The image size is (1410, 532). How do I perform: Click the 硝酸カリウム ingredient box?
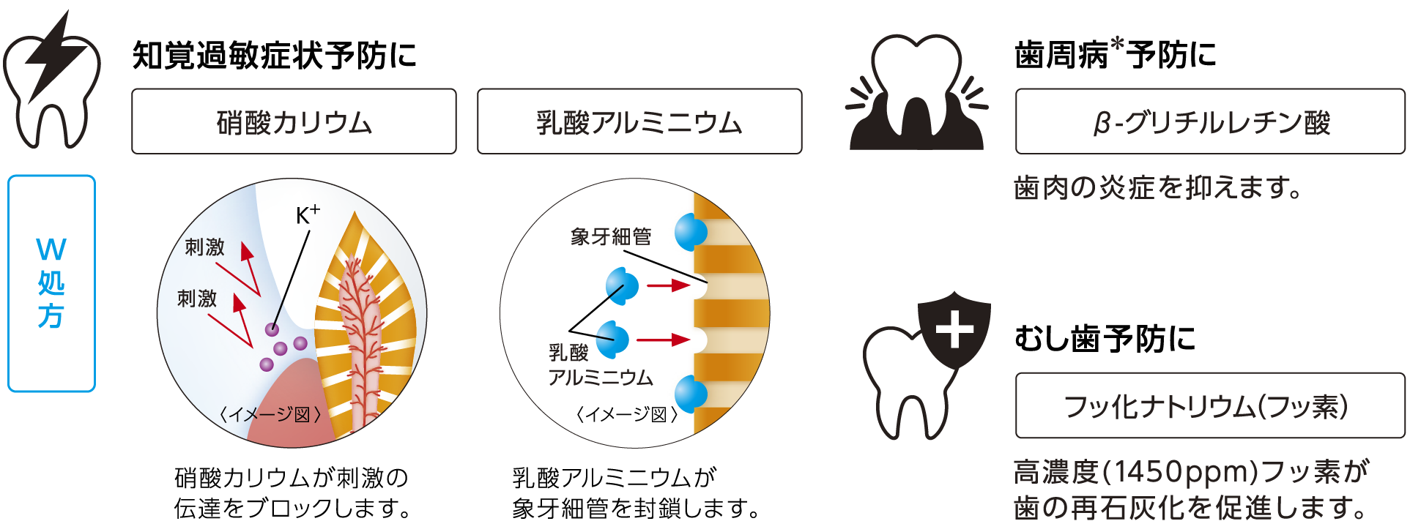294,121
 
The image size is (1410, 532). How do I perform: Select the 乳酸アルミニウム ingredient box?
639,121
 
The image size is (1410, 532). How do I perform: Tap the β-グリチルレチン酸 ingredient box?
1210,121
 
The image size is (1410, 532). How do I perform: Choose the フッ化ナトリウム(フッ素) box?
1210,405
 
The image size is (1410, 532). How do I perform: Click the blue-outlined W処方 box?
51,283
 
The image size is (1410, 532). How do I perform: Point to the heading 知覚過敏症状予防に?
274,56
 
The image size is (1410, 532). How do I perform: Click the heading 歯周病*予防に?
1115,54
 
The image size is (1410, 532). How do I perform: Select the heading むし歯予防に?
1105,339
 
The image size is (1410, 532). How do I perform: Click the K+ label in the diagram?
308,215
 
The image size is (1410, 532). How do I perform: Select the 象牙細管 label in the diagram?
611,236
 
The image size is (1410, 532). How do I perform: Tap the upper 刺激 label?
204,247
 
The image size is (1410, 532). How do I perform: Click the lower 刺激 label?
197,298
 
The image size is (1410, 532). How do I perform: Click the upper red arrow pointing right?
668,285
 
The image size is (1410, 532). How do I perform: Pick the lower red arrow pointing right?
663,340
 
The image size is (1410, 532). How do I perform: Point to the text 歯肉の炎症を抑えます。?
1158,187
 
